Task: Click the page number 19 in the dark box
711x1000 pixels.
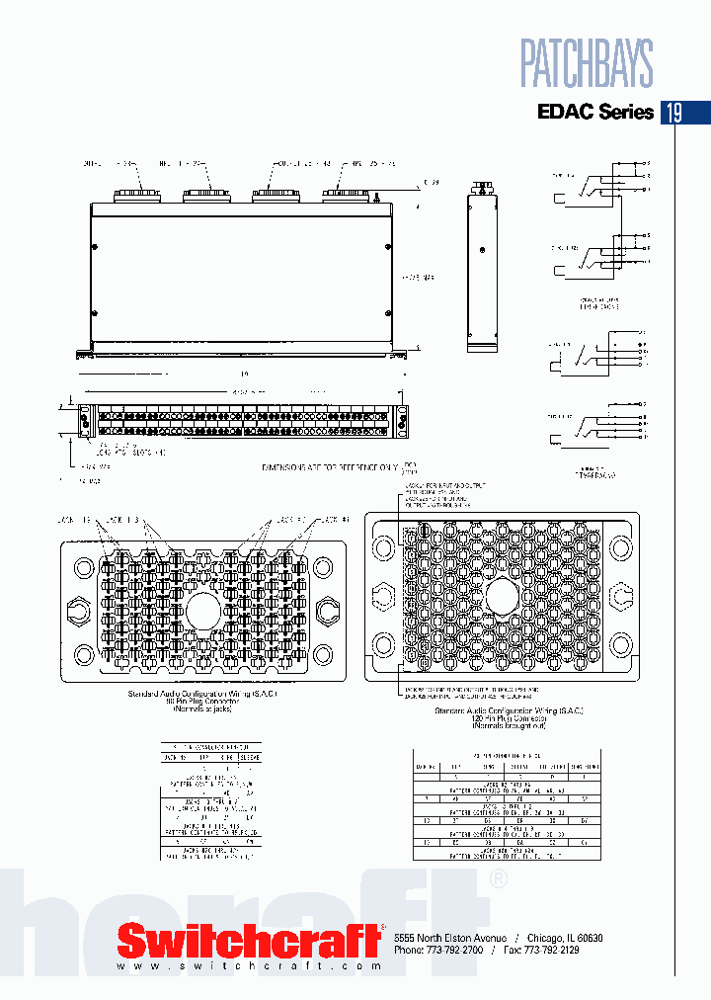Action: tap(672, 112)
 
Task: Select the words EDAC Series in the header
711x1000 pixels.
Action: tap(594, 112)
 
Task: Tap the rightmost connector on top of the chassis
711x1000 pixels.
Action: tap(350, 196)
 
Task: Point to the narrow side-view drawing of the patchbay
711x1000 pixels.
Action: tap(483, 271)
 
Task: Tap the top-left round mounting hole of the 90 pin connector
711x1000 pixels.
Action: tap(85, 567)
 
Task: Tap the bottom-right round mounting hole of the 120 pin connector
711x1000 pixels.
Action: tap(620, 646)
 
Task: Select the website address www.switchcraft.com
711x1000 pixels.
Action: tap(249, 965)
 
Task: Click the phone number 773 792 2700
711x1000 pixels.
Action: tap(455, 949)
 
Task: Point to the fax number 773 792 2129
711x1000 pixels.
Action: tap(547, 949)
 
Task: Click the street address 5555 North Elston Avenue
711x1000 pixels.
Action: tap(450, 937)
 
